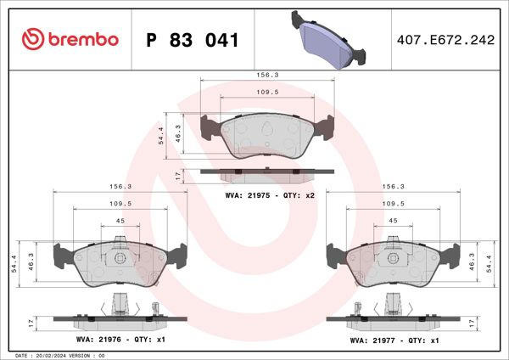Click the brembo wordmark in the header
click(81, 39)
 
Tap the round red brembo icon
click(31, 39)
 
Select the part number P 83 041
click(193, 40)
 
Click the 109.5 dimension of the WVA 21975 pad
click(267, 92)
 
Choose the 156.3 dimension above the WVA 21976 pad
click(120, 186)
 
